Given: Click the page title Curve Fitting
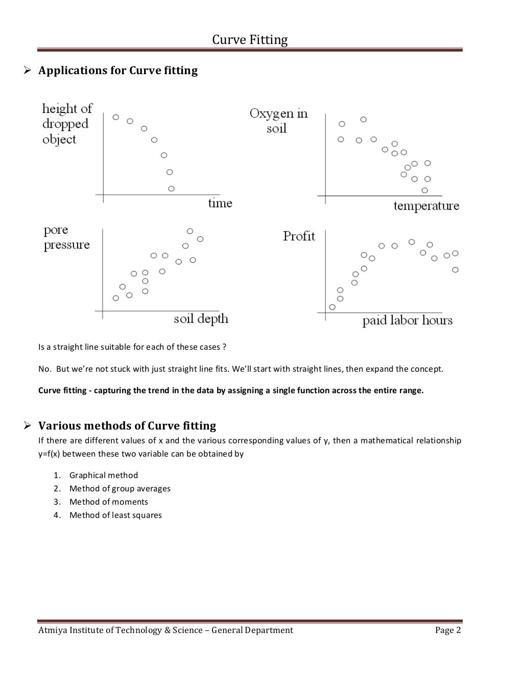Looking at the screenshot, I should click(x=250, y=40).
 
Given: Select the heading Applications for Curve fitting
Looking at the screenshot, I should click(x=118, y=71).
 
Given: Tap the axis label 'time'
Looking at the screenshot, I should click(x=220, y=204).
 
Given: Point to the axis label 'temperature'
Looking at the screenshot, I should click(x=426, y=206).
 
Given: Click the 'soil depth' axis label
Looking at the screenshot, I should click(x=201, y=320).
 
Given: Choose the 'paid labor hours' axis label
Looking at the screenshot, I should click(x=407, y=321).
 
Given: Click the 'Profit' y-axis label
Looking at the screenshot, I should click(x=299, y=236).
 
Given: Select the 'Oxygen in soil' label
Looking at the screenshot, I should click(x=278, y=121).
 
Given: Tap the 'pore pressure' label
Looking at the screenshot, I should click(x=66, y=238).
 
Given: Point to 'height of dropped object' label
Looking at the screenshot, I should click(x=67, y=124).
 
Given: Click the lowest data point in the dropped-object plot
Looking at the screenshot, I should click(x=171, y=189).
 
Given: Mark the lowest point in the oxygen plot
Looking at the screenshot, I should click(x=424, y=190).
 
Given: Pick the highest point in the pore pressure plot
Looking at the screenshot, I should click(x=190, y=231).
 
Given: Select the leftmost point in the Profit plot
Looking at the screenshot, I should click(x=332, y=307).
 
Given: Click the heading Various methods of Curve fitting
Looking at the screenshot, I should click(x=127, y=426).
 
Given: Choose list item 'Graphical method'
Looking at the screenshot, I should click(x=104, y=475).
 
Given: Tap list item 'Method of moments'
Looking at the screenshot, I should click(x=109, y=502).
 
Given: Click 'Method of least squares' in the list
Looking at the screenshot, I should click(x=115, y=515).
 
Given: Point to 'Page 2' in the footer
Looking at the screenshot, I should click(x=448, y=630).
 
